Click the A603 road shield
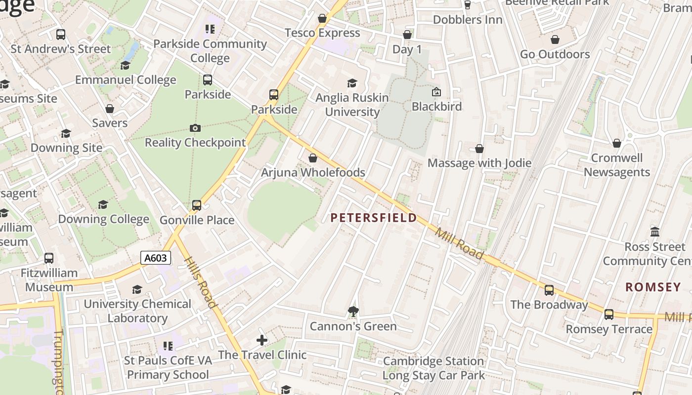[x=156, y=258]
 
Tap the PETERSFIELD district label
[x=373, y=218]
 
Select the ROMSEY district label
[x=653, y=287]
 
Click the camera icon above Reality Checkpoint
[x=195, y=128]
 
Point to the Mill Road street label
[x=459, y=243]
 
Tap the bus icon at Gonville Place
[x=197, y=205]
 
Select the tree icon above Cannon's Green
[x=353, y=311]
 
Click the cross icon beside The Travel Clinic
[x=262, y=340]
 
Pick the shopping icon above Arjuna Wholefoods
[x=312, y=158]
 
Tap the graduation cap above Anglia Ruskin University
[x=352, y=83]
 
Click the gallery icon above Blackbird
[x=436, y=92]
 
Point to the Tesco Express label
[x=322, y=33]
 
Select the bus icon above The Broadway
[x=549, y=290]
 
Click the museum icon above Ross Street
[x=655, y=232]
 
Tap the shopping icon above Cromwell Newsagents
[x=617, y=144]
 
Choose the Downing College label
[x=104, y=219]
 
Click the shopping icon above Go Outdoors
[x=555, y=39]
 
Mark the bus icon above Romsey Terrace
[x=609, y=315]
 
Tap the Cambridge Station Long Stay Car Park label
[x=433, y=368]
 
